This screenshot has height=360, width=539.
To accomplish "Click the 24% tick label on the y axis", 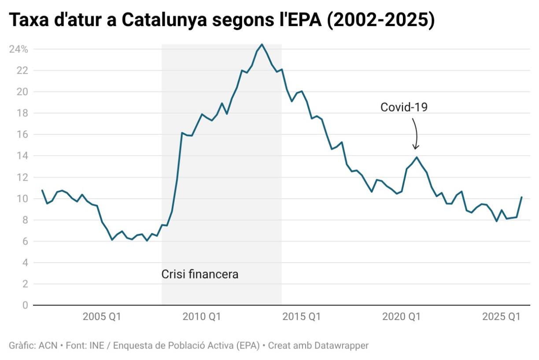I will [x=18, y=49].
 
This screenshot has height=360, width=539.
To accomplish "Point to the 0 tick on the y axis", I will [x=25, y=305].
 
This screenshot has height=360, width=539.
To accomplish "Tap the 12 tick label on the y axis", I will [x=22, y=177].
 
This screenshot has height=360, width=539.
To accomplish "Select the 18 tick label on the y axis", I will [x=22, y=113].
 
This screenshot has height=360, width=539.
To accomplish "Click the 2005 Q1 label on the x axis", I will [x=102, y=317].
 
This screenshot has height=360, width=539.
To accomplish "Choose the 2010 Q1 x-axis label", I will [x=202, y=317].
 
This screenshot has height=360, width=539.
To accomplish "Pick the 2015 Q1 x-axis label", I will [x=302, y=317].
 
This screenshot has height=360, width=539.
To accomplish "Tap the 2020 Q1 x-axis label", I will [x=402, y=317].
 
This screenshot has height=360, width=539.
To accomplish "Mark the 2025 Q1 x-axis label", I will [x=502, y=317].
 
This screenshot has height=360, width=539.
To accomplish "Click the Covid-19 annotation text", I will [x=404, y=107].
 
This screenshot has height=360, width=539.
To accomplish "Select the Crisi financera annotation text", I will [x=200, y=275].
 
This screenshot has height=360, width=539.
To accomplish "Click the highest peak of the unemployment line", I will [x=262, y=44].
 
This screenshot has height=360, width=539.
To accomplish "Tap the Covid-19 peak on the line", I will [x=417, y=157].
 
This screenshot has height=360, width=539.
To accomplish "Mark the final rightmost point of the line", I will [x=521, y=197].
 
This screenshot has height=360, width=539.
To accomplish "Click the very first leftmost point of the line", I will [x=42, y=190].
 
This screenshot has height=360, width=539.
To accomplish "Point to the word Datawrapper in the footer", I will [x=342, y=345].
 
